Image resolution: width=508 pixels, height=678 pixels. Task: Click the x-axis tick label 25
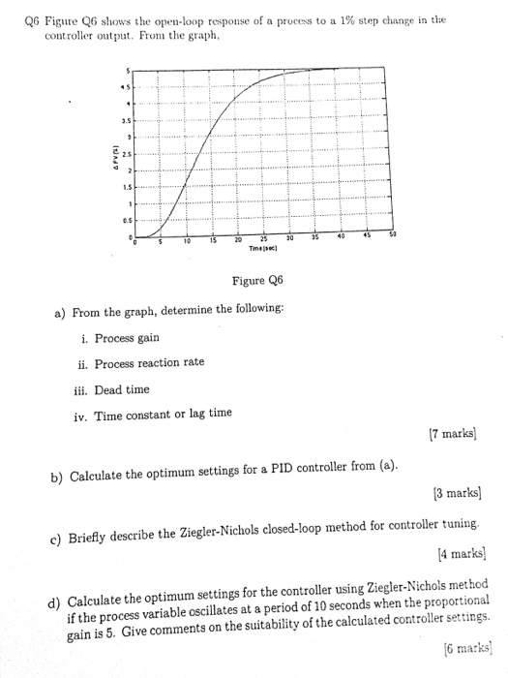click(264, 239)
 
